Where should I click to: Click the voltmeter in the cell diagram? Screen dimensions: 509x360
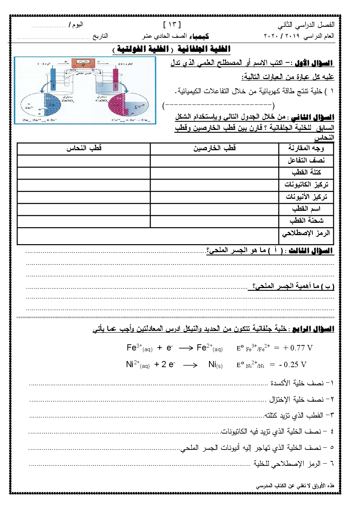pos(83,63)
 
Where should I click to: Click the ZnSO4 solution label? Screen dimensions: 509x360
pos(67,99)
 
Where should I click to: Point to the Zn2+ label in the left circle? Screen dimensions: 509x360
pos(29,108)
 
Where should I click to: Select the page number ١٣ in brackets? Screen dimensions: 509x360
pos(172,25)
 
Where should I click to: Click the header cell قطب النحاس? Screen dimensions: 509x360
pos(84,148)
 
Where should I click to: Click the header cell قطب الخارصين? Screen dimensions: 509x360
pos(214,148)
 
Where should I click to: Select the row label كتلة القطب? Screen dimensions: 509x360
pos(306,172)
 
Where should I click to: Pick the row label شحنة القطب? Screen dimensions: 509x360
pos(306,221)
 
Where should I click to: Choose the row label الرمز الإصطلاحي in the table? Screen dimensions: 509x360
pos(306,233)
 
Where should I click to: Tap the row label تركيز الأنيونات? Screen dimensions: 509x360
pos(306,197)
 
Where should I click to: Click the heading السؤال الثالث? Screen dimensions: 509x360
pos(311,251)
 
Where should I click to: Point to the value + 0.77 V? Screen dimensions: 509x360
pos(298,348)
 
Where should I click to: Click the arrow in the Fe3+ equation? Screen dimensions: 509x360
pos(186,348)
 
